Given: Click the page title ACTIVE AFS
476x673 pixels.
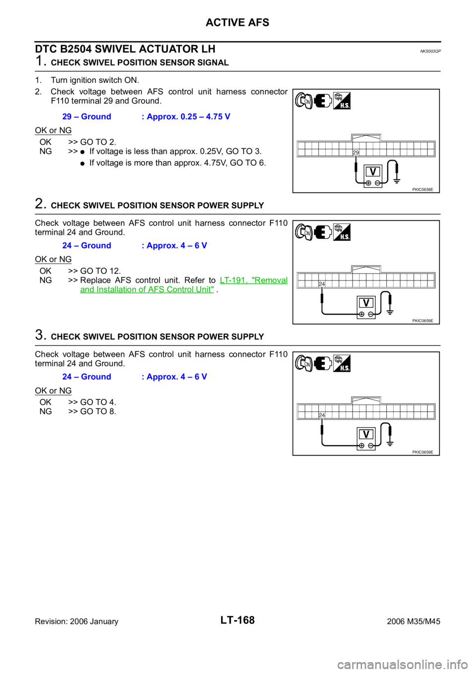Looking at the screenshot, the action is coord(238,22).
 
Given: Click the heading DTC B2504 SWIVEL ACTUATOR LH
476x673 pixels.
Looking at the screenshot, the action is coord(125,49).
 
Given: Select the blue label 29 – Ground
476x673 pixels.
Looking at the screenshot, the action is coord(87,116).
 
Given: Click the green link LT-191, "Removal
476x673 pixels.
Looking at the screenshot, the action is coord(254,280).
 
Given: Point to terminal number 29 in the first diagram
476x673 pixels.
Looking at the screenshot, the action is coord(356,153).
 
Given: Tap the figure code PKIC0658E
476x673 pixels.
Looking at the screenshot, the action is coord(422,190).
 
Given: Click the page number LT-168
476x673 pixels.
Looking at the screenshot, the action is coord(238,620).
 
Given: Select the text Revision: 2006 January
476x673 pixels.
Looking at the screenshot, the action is coord(77,621).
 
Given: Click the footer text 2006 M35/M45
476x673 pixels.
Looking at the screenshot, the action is coord(414,621).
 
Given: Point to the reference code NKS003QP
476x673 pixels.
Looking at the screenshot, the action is coord(430,52).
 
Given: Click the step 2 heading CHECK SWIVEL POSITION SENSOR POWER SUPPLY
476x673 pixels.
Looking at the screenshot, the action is coord(158,206).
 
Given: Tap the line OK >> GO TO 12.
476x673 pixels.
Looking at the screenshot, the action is coord(80,271).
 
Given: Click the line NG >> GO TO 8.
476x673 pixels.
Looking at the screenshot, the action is coord(77,411).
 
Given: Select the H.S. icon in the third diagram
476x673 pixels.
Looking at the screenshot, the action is coord(342,363).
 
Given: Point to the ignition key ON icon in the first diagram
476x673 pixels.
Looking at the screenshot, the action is coord(304,101).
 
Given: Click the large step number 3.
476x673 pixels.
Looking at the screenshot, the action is coord(40,335).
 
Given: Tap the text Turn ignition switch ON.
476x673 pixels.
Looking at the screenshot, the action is coord(95,80).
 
